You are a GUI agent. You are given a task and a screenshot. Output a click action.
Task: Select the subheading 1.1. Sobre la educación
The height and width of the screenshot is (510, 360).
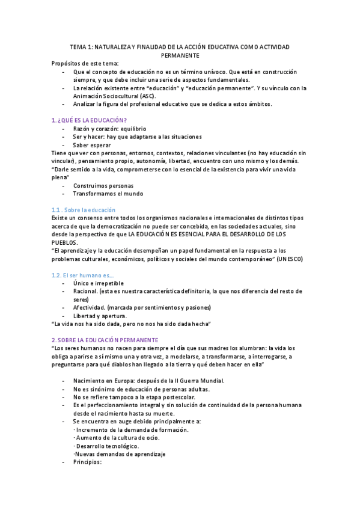[83, 209]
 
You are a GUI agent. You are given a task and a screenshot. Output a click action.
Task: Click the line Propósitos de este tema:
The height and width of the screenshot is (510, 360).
[85, 63]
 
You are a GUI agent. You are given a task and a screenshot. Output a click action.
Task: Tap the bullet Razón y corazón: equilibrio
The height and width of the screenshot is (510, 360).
[109, 129]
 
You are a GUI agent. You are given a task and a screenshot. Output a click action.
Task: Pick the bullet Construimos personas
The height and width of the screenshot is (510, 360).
[103, 186]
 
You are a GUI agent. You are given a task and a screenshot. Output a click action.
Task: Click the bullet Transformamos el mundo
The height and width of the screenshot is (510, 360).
[108, 194]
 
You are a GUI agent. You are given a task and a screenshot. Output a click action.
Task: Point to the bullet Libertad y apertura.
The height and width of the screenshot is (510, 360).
[100, 316]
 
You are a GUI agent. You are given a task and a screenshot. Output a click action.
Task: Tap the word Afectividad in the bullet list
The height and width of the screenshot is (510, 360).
[90, 307]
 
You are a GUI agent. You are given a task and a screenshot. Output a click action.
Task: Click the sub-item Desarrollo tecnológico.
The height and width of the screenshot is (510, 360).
[106, 446]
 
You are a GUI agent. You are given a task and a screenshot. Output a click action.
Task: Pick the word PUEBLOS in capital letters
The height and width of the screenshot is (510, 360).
[64, 242]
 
